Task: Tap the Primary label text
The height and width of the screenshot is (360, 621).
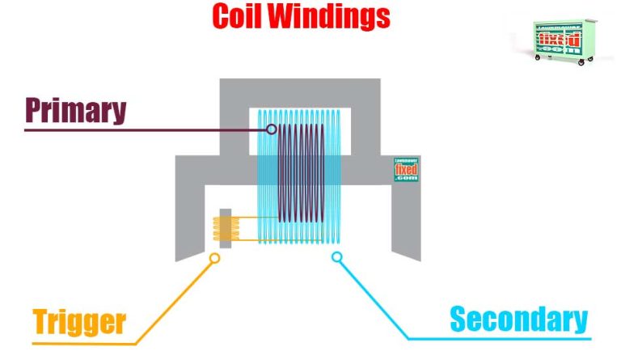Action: click(x=75, y=110)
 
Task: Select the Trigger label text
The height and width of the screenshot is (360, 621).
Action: click(x=79, y=321)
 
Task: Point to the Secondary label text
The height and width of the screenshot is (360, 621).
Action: click(x=518, y=320)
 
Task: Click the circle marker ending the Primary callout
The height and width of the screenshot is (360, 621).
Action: click(x=272, y=129)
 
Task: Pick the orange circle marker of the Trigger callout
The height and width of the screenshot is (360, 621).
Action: click(x=214, y=258)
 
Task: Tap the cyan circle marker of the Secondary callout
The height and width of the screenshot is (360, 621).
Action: click(x=337, y=257)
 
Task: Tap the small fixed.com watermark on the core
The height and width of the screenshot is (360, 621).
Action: click(x=406, y=169)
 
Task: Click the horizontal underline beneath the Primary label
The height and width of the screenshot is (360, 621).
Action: click(x=121, y=129)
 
